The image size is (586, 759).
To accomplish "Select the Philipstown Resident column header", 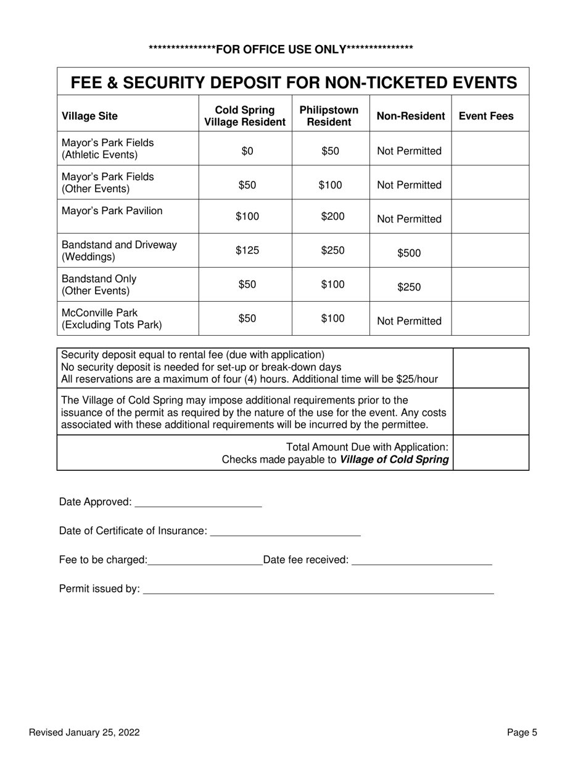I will tap(329, 116).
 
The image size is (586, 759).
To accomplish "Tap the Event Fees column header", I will tap(486, 116).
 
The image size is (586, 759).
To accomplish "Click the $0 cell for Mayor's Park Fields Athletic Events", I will tap(247, 151).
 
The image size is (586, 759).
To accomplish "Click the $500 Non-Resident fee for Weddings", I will tap(409, 253).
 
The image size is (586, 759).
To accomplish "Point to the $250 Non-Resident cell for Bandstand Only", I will tap(409, 287).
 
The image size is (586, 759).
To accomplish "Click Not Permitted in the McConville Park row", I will tap(409, 321).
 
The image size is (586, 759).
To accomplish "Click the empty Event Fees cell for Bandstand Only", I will tap(490, 284).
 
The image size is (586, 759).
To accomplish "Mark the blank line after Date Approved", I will tap(198, 503).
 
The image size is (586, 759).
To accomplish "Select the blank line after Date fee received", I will tap(421, 561).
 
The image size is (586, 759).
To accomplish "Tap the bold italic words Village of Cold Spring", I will tap(394, 460).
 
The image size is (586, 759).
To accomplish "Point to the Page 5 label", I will tap(522, 732).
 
